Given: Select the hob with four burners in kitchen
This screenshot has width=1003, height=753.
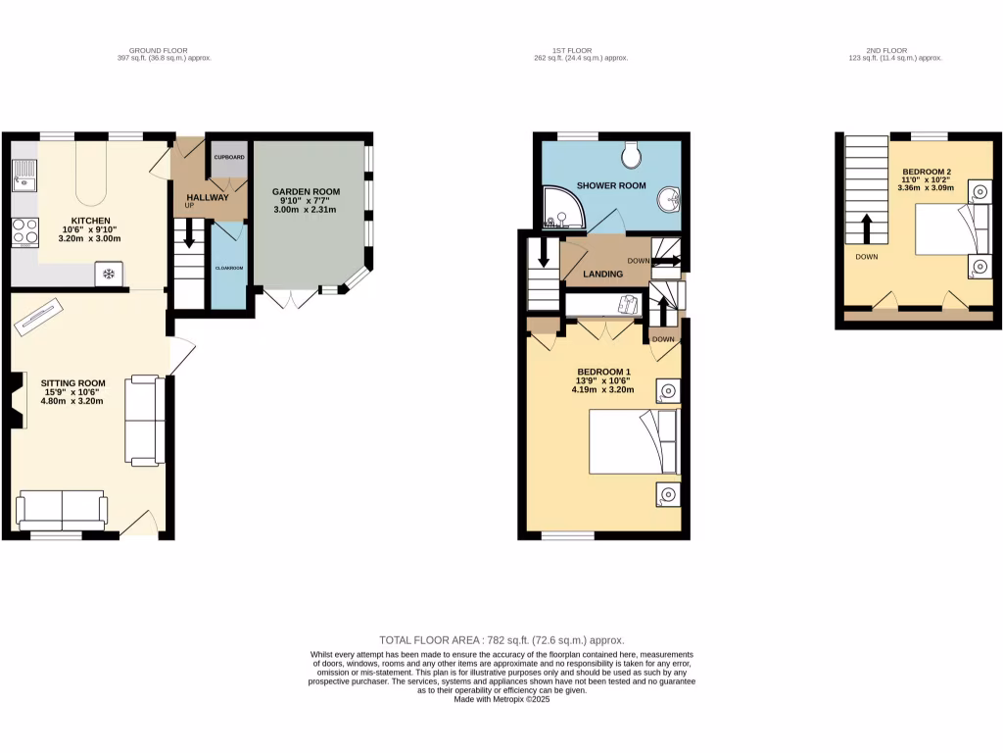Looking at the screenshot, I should (x=24, y=232).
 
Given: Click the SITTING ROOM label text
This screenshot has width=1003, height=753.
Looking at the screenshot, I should (x=72, y=383).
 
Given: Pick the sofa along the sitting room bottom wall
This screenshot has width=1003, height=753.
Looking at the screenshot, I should (x=62, y=510).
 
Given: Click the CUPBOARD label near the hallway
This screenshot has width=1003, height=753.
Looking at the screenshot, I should (x=229, y=157).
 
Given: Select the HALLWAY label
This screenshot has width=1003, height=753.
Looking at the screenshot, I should (x=207, y=197).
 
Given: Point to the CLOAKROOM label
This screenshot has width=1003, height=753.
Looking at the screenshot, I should (x=229, y=268).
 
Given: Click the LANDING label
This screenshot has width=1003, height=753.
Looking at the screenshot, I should (x=602, y=274).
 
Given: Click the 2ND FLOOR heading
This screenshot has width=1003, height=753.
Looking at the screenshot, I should (x=886, y=50).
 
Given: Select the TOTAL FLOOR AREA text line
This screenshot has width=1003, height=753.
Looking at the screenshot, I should (x=501, y=639).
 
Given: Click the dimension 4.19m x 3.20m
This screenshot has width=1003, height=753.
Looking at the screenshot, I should (x=602, y=389).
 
